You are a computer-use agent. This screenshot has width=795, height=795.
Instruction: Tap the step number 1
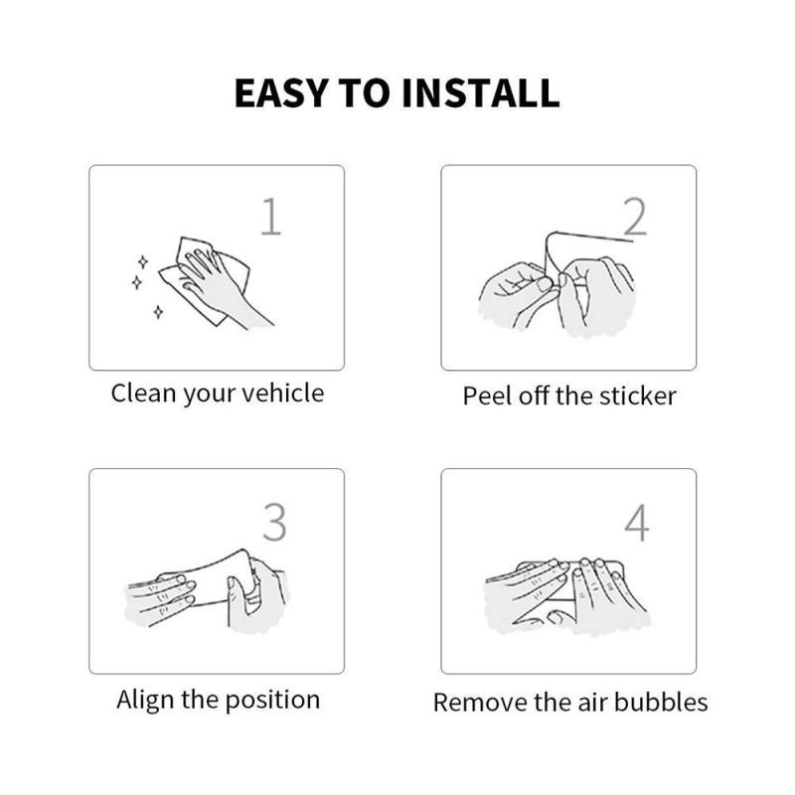point(270,217)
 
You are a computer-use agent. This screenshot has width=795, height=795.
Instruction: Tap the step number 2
point(634,217)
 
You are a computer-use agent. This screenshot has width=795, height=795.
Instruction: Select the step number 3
point(274,522)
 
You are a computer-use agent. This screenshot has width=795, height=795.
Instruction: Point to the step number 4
point(636,522)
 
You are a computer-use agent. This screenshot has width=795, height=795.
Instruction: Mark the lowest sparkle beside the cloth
point(158,312)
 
